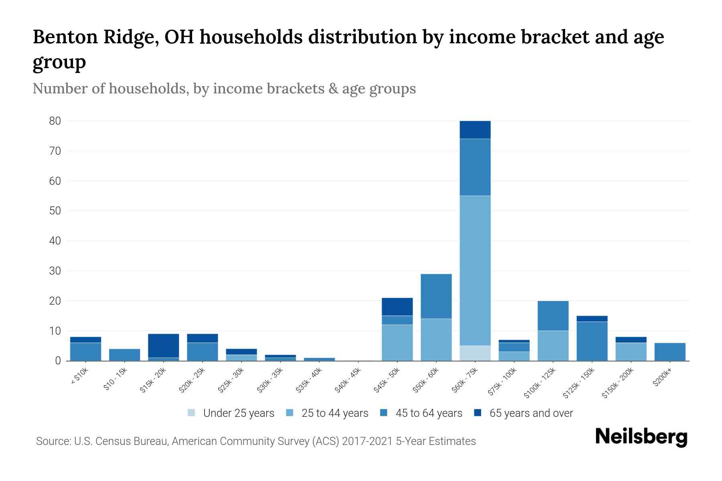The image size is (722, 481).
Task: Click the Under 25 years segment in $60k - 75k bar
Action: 475,353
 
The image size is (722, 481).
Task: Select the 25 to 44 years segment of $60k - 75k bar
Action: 475,271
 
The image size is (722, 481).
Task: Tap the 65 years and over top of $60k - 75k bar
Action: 475,129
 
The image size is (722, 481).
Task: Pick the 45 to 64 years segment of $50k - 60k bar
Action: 436,296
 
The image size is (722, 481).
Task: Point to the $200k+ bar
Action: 669,352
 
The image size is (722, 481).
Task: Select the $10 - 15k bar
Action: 124,355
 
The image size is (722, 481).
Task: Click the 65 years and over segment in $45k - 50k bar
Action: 397,307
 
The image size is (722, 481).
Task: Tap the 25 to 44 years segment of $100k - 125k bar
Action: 553,346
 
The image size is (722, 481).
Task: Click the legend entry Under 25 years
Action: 239,413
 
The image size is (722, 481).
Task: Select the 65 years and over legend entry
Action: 531,413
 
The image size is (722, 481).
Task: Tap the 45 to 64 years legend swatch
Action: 384,413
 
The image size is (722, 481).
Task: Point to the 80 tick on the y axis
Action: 55,121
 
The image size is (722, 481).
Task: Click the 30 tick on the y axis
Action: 55,271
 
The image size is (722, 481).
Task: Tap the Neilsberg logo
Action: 641,437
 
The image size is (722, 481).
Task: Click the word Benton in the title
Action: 65,37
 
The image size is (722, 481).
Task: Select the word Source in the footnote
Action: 53,441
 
